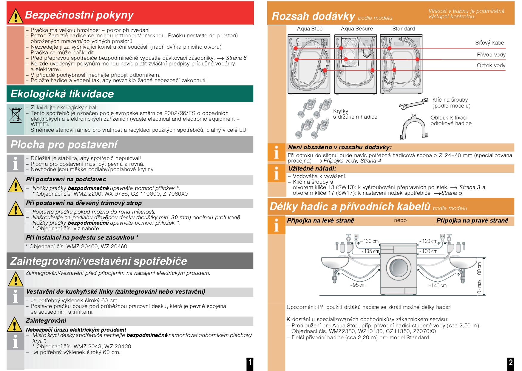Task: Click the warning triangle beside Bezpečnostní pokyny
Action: pos(15,16)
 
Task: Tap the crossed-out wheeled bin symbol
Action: pos(15,115)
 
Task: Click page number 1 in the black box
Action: pos(250,363)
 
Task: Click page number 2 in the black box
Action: pos(511,362)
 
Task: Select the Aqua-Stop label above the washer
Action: pos(310,29)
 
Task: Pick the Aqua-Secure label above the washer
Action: pos(357,29)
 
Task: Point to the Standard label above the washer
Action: pos(403,29)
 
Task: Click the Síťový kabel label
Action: pos(490,43)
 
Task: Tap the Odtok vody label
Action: pos(491,66)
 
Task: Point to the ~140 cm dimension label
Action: pos(437,286)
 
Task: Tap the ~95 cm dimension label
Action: pos(357,285)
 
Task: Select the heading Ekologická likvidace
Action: pos(62,94)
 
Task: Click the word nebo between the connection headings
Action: pos(400,220)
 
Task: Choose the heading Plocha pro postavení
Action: pos(64,145)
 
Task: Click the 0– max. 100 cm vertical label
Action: pos(480,278)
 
